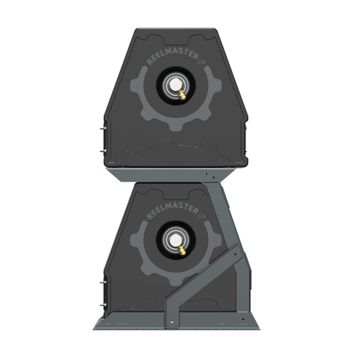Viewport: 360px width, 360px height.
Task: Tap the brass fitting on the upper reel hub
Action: pos(183,94)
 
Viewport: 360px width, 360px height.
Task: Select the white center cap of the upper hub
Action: pos(174,87)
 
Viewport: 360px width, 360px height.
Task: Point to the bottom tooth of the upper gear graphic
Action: pos(175,127)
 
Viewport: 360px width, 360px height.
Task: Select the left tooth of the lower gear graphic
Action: pos(135,243)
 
